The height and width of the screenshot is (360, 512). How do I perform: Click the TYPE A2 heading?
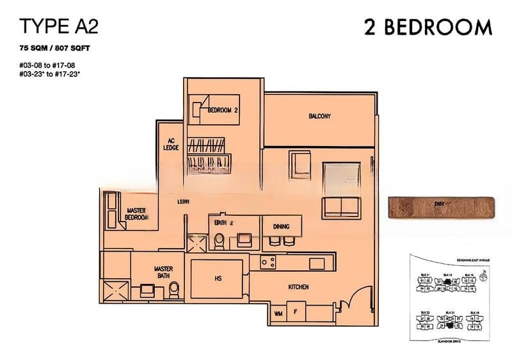pyautogui.click(x=58, y=26)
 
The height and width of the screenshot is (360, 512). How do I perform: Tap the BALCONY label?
pyautogui.click(x=319, y=116)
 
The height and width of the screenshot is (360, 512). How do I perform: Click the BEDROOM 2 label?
pyautogui.click(x=222, y=110)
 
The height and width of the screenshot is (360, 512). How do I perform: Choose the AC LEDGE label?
pyautogui.click(x=171, y=144)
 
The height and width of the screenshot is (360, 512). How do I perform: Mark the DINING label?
pyautogui.click(x=281, y=227)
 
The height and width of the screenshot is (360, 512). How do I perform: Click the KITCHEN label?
pyautogui.click(x=299, y=288)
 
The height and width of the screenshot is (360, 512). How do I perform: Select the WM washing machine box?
pyautogui.click(x=278, y=313)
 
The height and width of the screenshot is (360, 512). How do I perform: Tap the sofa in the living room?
pyautogui.click(x=341, y=206)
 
